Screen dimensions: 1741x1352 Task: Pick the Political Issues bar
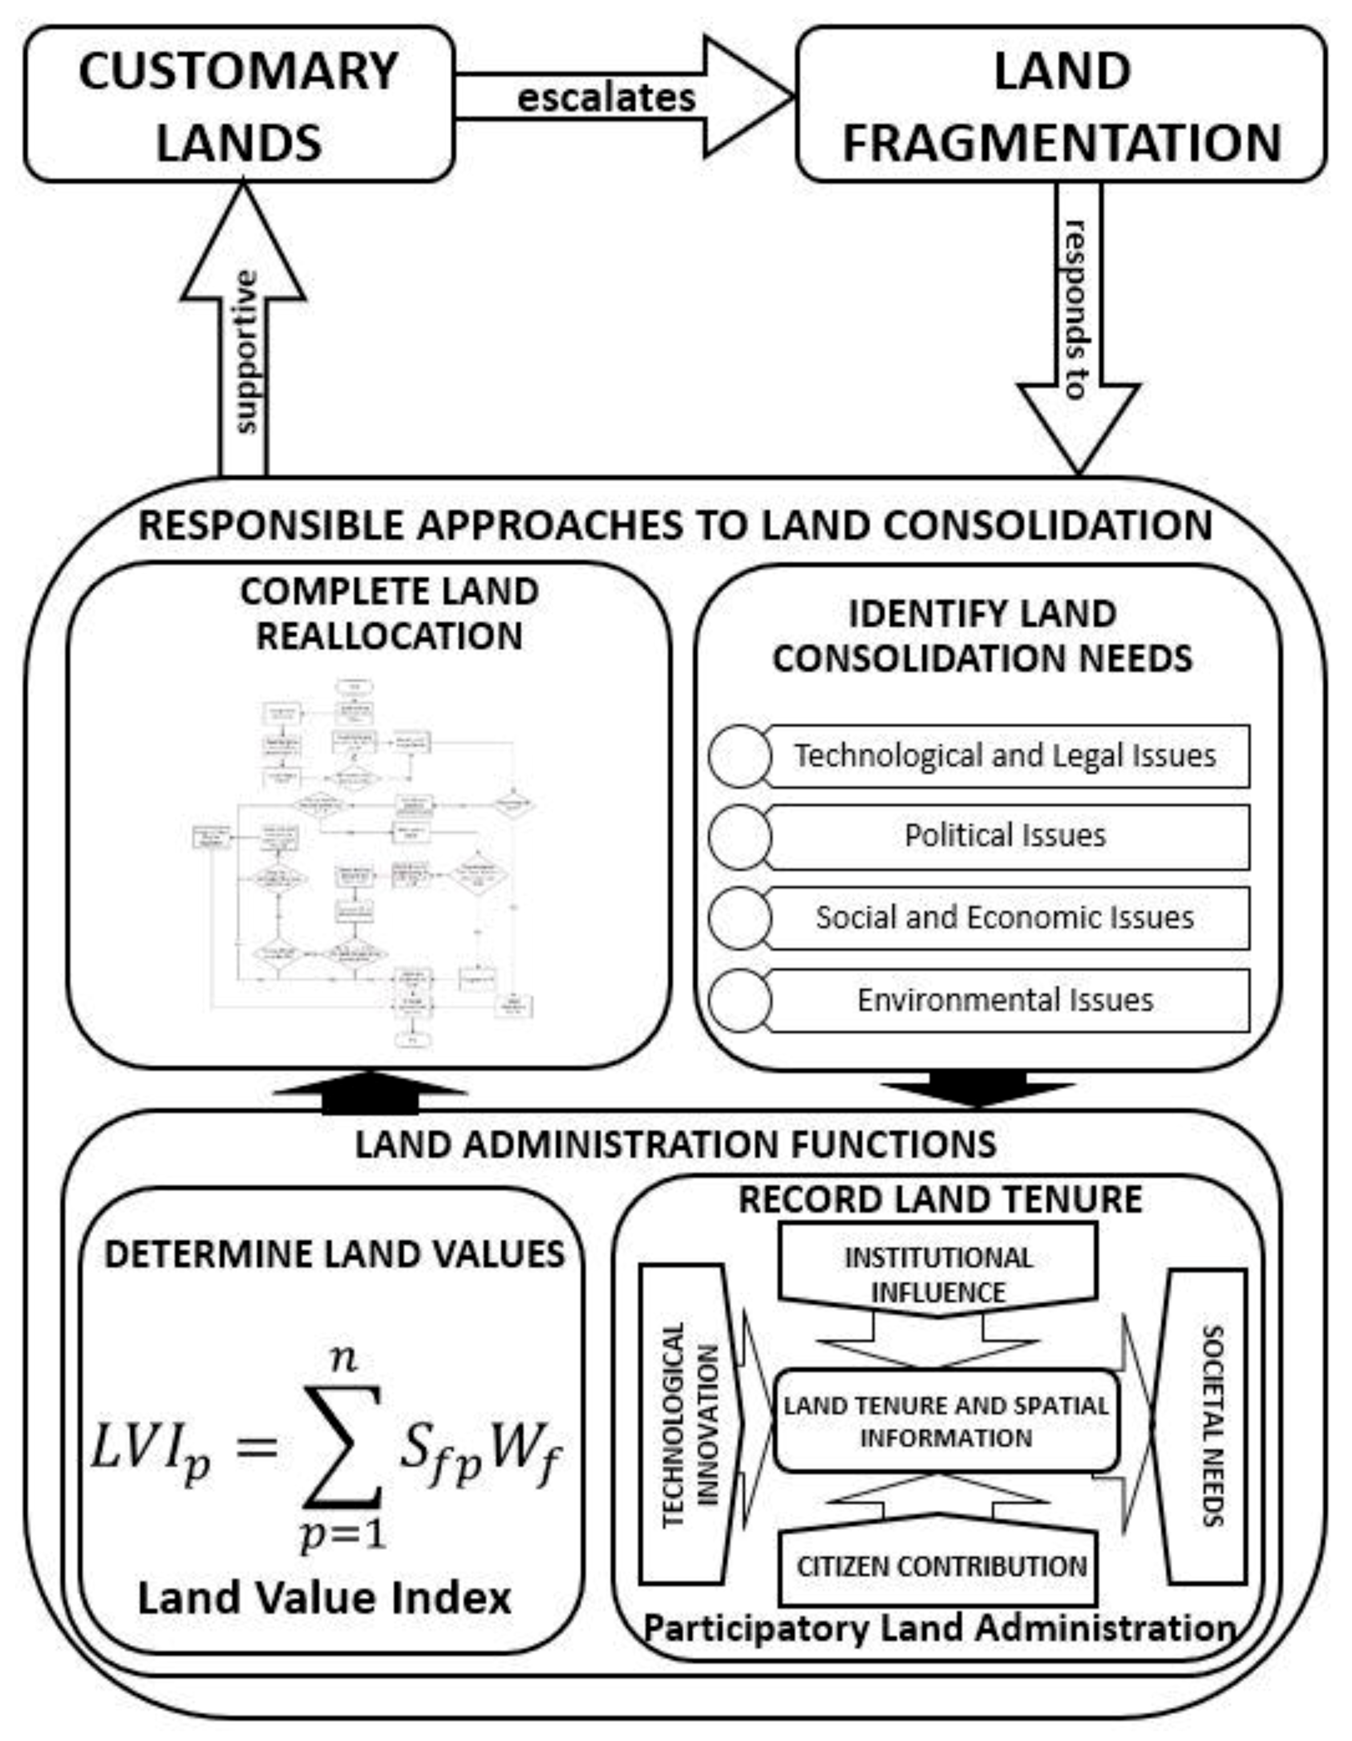point(1006,836)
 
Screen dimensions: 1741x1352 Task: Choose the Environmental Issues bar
point(1006,999)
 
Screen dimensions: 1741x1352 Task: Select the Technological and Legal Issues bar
point(1006,756)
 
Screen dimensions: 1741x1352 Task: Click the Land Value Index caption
point(324,1598)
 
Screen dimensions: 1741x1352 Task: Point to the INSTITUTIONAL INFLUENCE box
point(938,1273)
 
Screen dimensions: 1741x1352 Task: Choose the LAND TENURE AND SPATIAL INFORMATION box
point(946,1421)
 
